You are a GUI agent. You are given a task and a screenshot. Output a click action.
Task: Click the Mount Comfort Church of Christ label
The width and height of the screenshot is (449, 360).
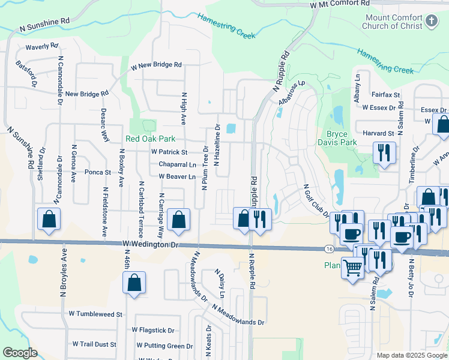point(393,22)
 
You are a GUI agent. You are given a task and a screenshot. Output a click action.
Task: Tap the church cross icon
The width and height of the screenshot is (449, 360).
point(431,22)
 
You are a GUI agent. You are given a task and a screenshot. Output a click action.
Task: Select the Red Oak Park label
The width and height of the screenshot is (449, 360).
point(150,139)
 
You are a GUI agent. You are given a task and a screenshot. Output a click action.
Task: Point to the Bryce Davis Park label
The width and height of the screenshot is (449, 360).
point(341,138)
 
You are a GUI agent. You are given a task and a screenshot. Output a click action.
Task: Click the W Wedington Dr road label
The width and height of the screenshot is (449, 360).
point(150,244)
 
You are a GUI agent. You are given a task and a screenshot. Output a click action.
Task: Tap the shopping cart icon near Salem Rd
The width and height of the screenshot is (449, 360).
point(352,267)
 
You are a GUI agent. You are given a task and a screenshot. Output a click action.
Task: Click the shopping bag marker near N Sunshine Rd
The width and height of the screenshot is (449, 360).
point(49,220)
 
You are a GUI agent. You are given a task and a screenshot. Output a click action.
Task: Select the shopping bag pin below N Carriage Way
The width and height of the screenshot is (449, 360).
point(178,220)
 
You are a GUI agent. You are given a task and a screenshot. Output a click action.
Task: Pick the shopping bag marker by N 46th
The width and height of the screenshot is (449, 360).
point(134,283)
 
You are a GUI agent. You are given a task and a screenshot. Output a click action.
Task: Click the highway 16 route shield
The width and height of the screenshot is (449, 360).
point(329,248)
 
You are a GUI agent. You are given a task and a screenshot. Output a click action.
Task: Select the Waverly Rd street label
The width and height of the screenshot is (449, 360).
point(41,46)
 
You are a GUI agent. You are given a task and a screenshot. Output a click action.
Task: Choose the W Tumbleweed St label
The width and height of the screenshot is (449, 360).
point(95,314)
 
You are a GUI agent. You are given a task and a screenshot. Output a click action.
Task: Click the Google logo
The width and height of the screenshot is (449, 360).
point(20,353)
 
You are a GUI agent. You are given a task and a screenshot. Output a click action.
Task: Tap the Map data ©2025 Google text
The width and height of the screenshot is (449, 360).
point(411,355)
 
